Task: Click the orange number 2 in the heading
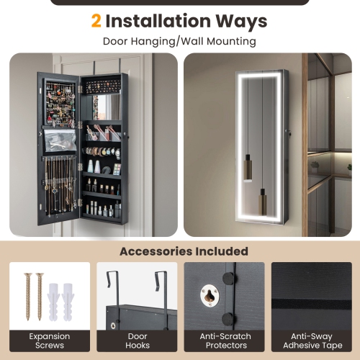[x=96, y=21]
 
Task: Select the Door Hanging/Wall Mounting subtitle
[x=179, y=41]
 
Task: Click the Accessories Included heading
[x=184, y=251]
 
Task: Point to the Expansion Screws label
[x=49, y=341]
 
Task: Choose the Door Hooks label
[x=137, y=341]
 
